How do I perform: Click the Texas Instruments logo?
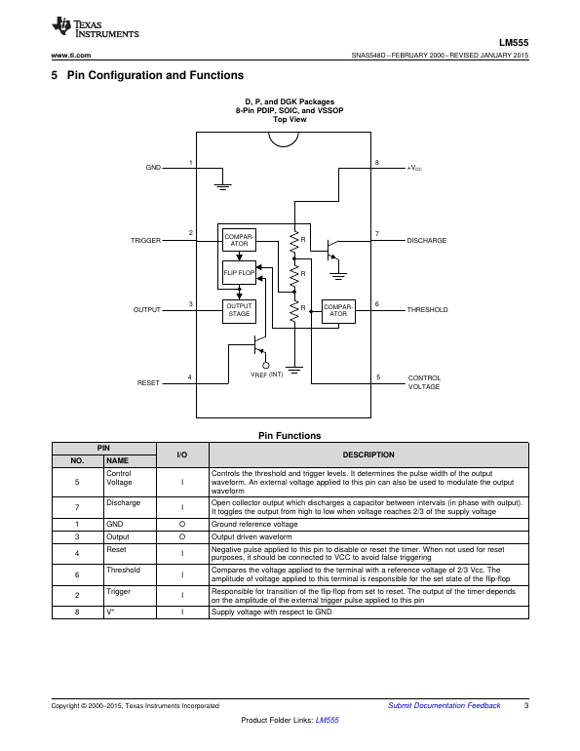[x=95, y=27]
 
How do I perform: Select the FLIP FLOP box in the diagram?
[x=239, y=272]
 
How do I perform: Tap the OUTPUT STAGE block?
[x=239, y=311]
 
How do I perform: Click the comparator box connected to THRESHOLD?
[x=338, y=311]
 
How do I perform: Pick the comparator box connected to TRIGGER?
[x=239, y=240]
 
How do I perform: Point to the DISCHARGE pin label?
[x=426, y=241]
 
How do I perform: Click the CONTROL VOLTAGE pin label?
[x=424, y=382]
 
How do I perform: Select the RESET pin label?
[x=148, y=383]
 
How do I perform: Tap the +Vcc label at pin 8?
[x=414, y=168]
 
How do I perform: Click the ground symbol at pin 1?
[x=222, y=186]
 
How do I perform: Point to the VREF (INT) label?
[x=266, y=375]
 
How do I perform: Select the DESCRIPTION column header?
[x=368, y=455]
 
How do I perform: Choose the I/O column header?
[x=182, y=455]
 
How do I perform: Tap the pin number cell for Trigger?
[x=78, y=595]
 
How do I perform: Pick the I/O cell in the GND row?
[x=182, y=524]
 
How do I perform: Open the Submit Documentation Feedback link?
[x=445, y=705]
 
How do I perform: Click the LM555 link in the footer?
[x=328, y=720]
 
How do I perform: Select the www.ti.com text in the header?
[x=71, y=55]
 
